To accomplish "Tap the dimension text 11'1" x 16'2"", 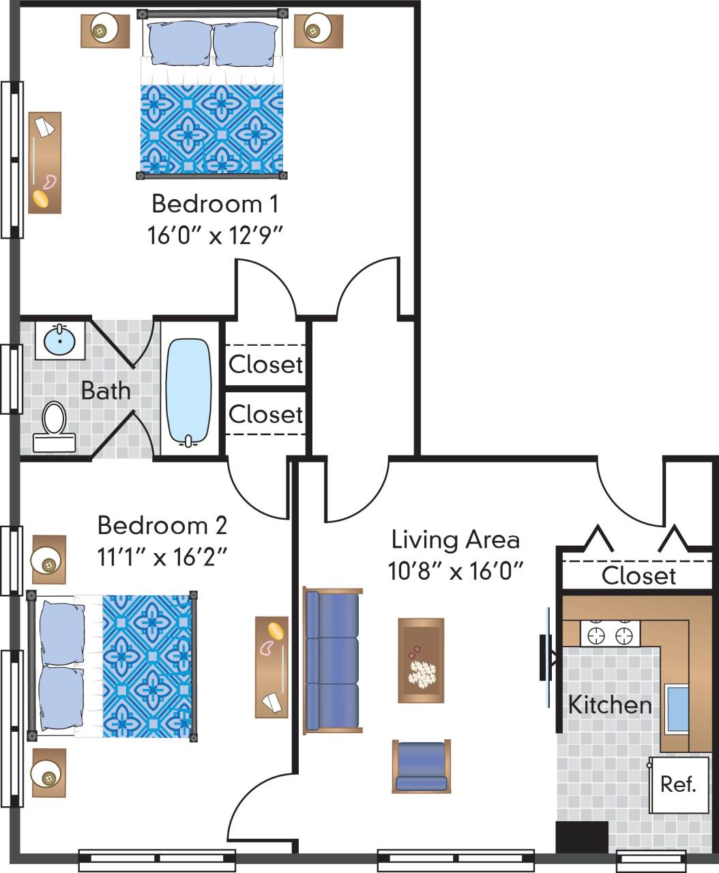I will [x=162, y=558].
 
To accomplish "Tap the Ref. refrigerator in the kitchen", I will [x=678, y=784].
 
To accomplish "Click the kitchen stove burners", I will [x=610, y=635].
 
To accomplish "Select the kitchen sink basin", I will [x=677, y=709].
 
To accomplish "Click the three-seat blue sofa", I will [x=332, y=661].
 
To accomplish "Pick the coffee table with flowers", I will [x=421, y=660].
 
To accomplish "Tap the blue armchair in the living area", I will [x=421, y=766].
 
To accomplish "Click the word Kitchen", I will [x=610, y=705].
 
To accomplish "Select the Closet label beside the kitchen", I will [x=639, y=576].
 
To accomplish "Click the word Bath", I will [x=106, y=391].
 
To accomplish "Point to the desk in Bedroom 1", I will [x=45, y=162].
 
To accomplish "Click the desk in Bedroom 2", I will [x=272, y=667].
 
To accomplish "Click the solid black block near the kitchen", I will [x=582, y=837].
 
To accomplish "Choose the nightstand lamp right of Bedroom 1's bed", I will [x=314, y=30].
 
